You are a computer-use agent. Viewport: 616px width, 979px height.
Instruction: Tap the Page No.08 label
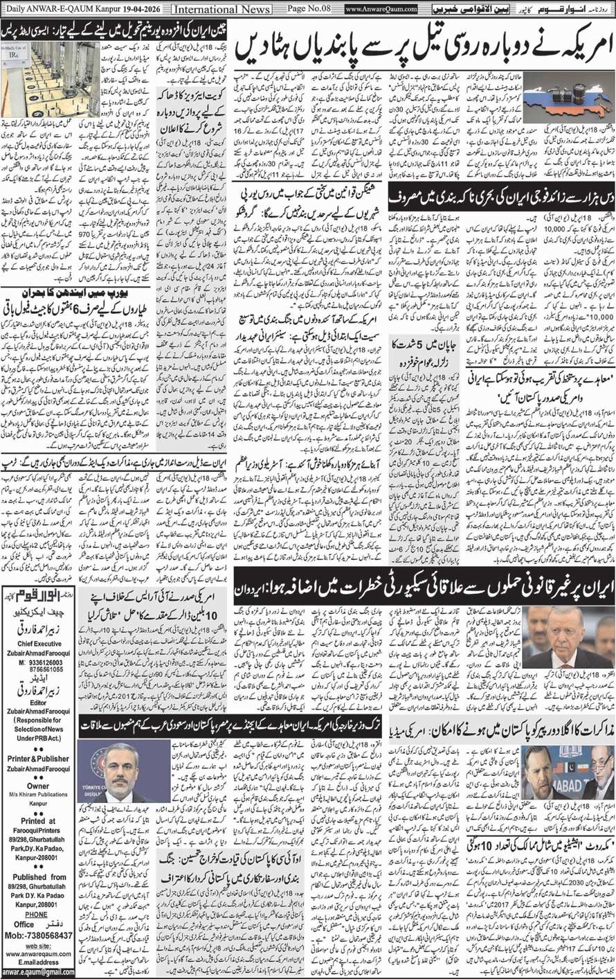[305, 9]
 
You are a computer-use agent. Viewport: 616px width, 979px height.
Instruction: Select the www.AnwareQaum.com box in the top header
[381, 10]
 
